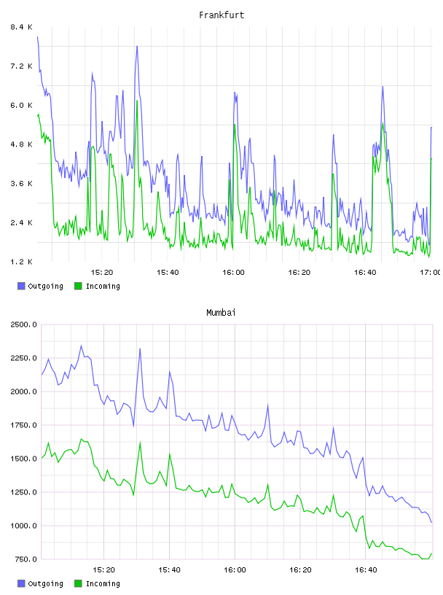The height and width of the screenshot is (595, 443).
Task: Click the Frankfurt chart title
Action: [x=221, y=15]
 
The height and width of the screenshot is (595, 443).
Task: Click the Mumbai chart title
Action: [x=221, y=313]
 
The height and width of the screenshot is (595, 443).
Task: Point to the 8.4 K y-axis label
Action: [x=21, y=27]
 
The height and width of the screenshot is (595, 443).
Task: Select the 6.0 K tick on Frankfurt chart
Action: [x=21, y=105]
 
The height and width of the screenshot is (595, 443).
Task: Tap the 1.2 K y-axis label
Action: [x=21, y=262]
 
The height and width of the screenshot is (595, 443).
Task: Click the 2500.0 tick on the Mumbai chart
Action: [x=23, y=324]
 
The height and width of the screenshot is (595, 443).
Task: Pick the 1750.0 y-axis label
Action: [x=23, y=425]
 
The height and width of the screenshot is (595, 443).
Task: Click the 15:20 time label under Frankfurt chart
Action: [x=102, y=272]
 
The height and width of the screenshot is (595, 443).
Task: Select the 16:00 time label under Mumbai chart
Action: [x=235, y=569]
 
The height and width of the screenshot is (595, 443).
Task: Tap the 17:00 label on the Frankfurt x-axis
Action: [x=430, y=272]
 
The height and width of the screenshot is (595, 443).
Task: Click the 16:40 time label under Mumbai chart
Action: [x=366, y=569]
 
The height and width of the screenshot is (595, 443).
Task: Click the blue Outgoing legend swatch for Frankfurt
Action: [x=21, y=286]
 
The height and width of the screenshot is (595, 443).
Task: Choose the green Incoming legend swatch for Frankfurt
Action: [x=78, y=286]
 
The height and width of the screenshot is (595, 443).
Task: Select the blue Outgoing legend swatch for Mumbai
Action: [x=21, y=583]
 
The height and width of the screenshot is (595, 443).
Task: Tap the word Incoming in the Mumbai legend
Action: [x=103, y=583]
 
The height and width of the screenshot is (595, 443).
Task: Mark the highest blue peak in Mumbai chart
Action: [x=81, y=346]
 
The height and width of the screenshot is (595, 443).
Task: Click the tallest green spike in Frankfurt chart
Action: [x=137, y=101]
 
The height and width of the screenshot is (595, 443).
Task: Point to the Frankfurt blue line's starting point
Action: [x=38, y=36]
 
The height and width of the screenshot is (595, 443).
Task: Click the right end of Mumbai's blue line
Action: [x=431, y=523]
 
